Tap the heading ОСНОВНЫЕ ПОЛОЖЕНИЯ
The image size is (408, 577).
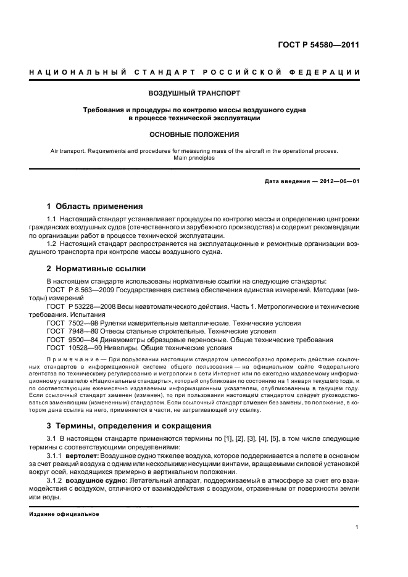pos(194,134)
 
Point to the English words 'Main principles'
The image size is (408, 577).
pos(194,158)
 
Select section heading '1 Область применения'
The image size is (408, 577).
pos(95,207)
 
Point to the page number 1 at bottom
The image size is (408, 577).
pos(357,526)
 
